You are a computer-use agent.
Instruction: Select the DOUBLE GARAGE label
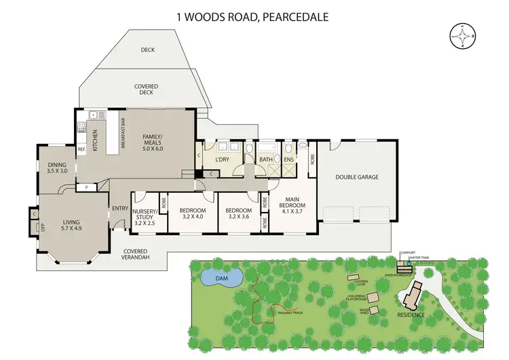click(x=356, y=177)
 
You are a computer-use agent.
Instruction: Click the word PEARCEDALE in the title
click(x=295, y=15)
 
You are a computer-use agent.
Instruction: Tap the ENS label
click(x=289, y=160)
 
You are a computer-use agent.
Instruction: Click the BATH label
click(x=265, y=160)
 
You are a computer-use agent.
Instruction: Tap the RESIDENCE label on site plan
click(x=411, y=314)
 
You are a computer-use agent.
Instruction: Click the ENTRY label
click(x=120, y=208)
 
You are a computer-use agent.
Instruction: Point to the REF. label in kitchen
click(x=81, y=149)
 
